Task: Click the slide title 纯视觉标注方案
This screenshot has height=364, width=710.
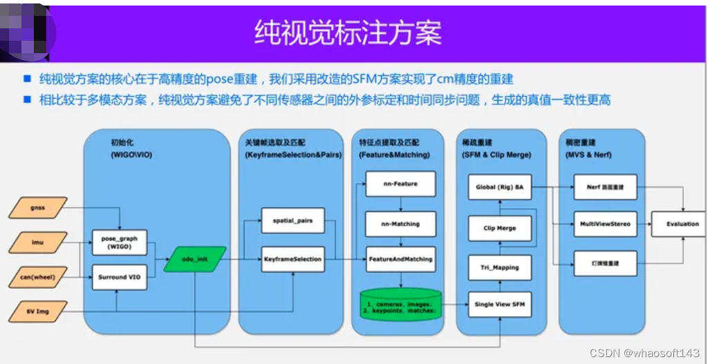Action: click(x=348, y=32)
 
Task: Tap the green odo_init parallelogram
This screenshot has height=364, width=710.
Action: click(x=196, y=260)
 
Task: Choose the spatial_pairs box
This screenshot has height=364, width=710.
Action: click(x=292, y=220)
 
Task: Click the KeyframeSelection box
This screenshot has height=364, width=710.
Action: click(x=292, y=259)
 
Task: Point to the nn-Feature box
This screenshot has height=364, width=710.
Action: click(x=401, y=184)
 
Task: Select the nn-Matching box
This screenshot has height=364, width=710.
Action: click(x=401, y=224)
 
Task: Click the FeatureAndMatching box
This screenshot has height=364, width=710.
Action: click(x=401, y=259)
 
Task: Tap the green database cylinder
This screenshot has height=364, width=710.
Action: click(x=401, y=304)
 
